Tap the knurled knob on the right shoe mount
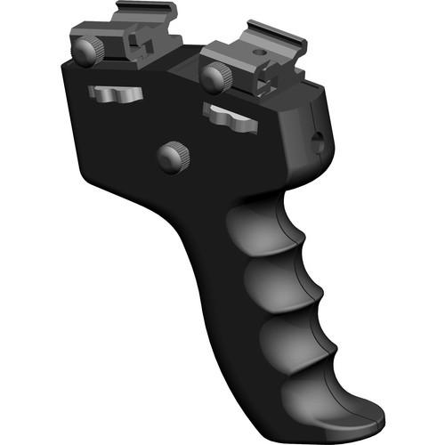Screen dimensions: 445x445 coord(213,78)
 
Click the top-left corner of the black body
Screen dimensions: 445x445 coord(67,65)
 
